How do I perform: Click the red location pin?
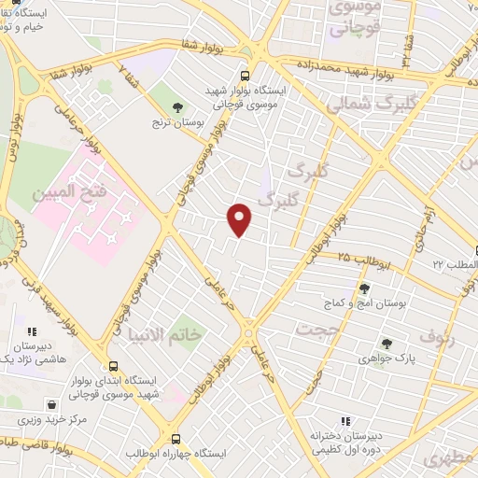click(x=240, y=218)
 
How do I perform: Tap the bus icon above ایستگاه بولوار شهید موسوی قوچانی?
click(x=245, y=76)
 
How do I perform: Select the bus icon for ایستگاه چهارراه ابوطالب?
click(x=176, y=439)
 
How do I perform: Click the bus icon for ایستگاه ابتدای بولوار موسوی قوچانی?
click(x=113, y=366)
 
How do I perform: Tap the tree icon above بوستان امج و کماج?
click(x=364, y=288)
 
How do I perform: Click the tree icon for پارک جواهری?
click(x=386, y=344)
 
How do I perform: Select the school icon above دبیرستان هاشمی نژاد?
click(x=33, y=331)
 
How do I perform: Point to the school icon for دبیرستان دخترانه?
click(x=345, y=422)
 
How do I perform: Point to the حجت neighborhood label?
click(x=316, y=329)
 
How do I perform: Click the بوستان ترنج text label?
click(x=177, y=122)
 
